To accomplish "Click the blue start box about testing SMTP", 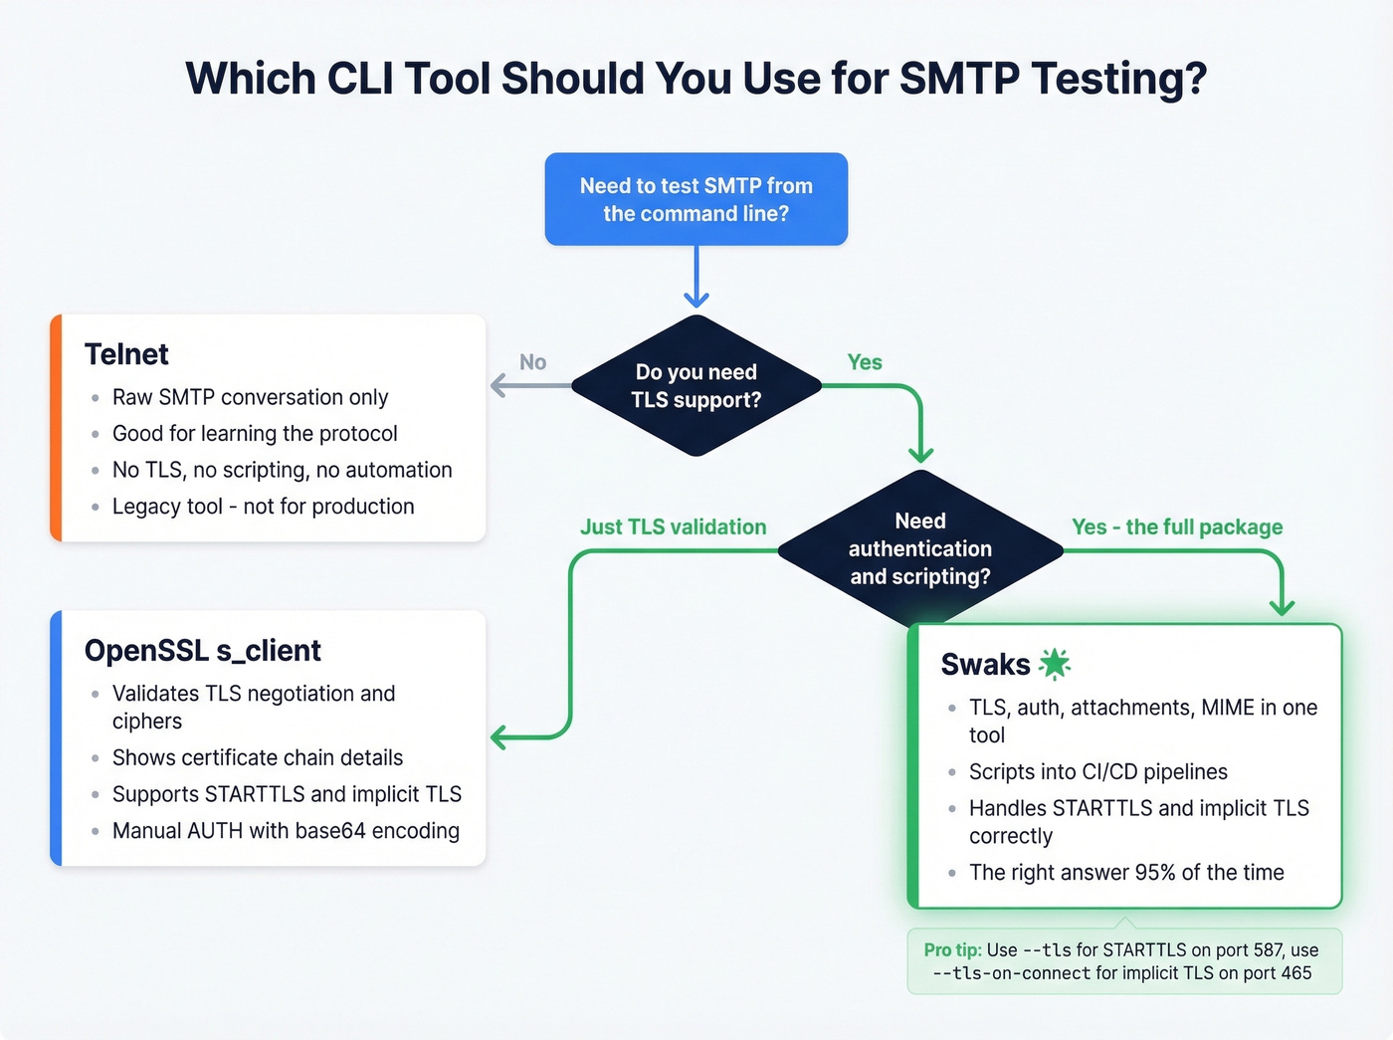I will pos(696,199).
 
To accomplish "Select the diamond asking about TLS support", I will pos(696,386).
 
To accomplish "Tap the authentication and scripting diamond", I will pos(919,548).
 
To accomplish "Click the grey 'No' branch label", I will pos(532,362).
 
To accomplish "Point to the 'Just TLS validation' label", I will pos(673,526).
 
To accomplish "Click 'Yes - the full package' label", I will pos(1176,526).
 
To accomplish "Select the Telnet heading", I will pos(126,354).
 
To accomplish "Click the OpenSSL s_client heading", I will pos(202,650).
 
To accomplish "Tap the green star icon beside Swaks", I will pos(1054,663).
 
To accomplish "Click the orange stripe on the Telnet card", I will pos(57,428).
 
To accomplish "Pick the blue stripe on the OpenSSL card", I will pos(57,737).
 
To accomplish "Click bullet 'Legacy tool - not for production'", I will pos(263,507).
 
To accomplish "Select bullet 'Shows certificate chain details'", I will pos(257,757).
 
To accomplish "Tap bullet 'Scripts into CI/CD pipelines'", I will pos(1097,771).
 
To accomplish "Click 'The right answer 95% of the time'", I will pos(1125,873).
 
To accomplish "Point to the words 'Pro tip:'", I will pos(952,949).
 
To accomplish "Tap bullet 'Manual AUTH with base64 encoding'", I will pos(286,831).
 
